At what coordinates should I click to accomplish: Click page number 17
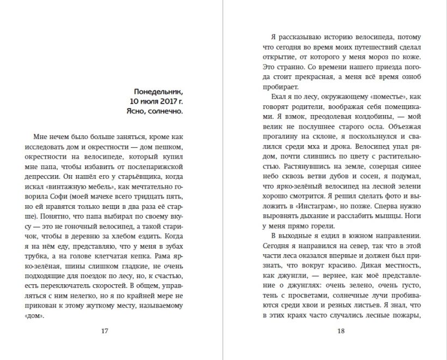pos(105,331)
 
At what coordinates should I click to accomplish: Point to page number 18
pos(341,331)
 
